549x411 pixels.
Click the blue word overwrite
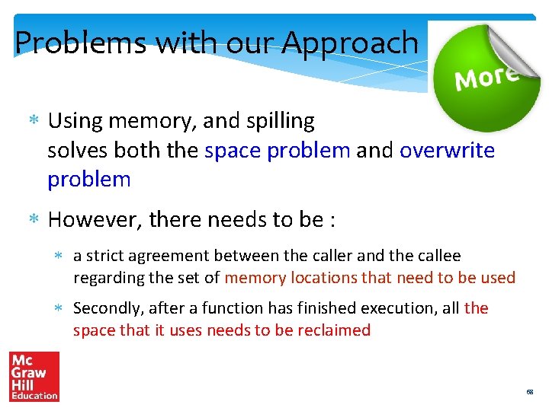pyautogui.click(x=447, y=150)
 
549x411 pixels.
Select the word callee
pyautogui.click(x=439, y=256)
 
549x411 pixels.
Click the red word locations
pyautogui.click(x=329, y=278)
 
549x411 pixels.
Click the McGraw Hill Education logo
pyautogui.click(x=34, y=376)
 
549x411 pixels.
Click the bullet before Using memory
pyautogui.click(x=33, y=121)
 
